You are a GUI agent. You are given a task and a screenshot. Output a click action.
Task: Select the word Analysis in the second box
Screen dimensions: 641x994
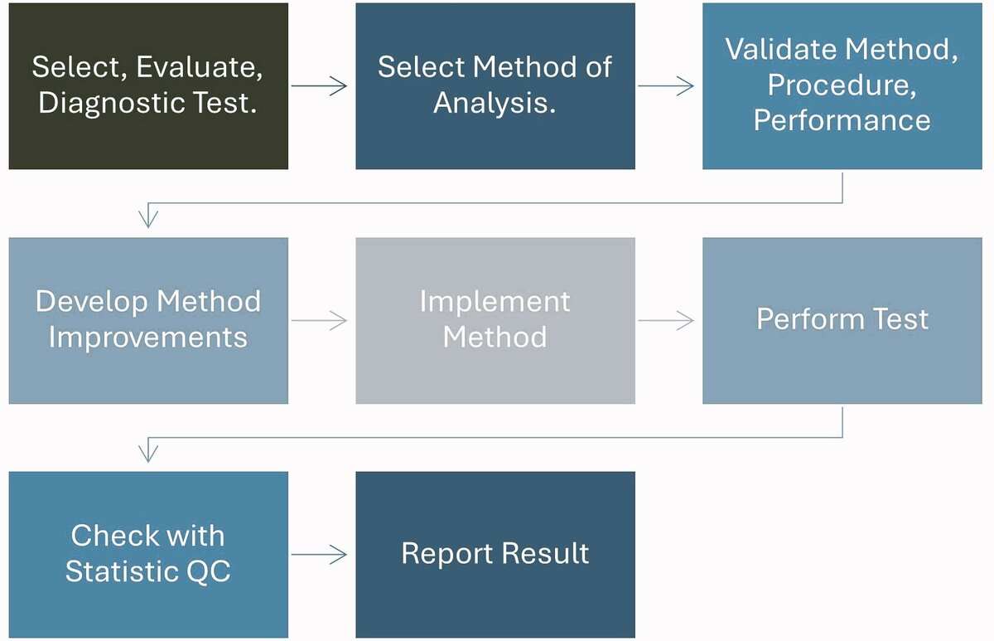pos(495,103)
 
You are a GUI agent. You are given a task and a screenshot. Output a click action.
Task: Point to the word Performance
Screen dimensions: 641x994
pos(842,120)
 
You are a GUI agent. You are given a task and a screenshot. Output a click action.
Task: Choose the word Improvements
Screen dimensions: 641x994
pos(147,337)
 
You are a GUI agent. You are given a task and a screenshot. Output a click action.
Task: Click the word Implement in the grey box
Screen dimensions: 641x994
pos(495,301)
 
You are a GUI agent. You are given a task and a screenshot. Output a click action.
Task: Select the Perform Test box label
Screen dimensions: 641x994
pos(842,320)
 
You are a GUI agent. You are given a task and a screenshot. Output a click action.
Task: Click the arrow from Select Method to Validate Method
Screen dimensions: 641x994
pos(668,86)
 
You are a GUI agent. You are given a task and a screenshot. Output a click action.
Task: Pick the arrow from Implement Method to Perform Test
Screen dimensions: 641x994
pos(668,321)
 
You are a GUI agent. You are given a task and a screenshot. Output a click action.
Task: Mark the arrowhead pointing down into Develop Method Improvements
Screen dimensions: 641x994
pos(148,220)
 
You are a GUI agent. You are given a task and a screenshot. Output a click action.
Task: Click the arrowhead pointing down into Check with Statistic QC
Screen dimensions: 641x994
pos(148,454)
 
